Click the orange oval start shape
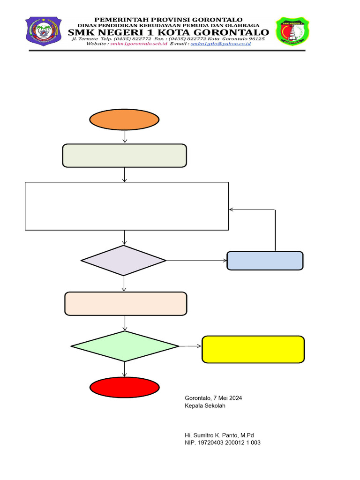click(125, 120)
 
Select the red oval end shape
click(125, 388)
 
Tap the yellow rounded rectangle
click(253, 349)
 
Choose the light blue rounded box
click(265, 261)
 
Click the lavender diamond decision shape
click(124, 261)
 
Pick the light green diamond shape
click(125, 346)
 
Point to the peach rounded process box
click(125, 303)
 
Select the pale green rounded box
click(125, 156)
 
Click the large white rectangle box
click(127, 206)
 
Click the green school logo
click(292, 31)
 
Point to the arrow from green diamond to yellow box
click(190, 346)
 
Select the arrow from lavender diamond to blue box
click(196, 261)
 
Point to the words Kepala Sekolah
click(205, 405)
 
